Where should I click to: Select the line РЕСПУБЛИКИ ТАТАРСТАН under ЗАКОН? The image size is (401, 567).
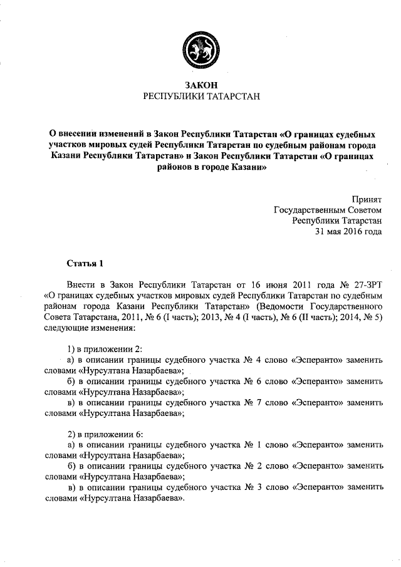pyautogui.click(x=200, y=96)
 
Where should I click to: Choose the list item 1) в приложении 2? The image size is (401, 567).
pyautogui.click(x=100, y=348)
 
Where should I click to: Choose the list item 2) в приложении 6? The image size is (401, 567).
pyautogui.click(x=100, y=434)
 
